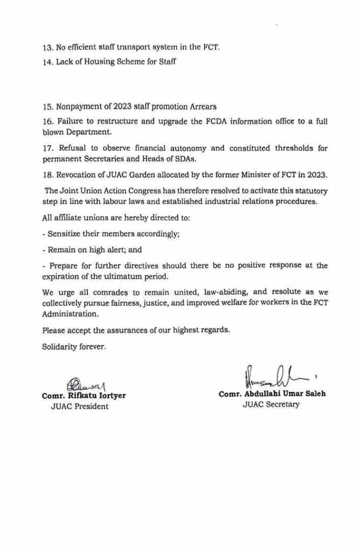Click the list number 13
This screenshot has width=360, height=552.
point(47,47)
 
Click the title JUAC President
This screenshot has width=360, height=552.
point(79,406)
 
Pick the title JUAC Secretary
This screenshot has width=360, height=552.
point(271,404)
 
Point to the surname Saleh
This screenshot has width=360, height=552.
point(315,394)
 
